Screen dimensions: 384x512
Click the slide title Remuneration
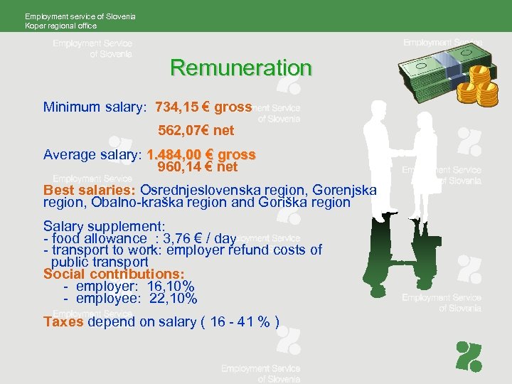(x=241, y=68)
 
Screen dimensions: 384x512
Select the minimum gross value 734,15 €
(x=181, y=107)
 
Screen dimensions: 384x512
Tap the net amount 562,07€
(x=184, y=131)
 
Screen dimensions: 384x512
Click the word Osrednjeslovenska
(x=200, y=191)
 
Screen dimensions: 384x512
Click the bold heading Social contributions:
(x=114, y=274)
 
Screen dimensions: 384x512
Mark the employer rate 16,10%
(x=171, y=287)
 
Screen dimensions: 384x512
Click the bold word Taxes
(x=63, y=321)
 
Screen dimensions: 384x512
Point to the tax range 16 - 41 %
(x=240, y=321)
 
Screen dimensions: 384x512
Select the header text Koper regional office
(x=60, y=26)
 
